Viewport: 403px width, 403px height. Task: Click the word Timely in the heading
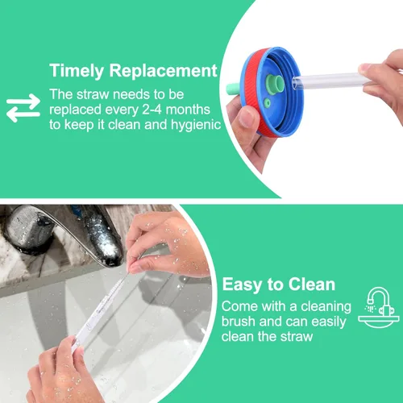point(77,71)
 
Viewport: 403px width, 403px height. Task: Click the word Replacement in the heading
point(163,70)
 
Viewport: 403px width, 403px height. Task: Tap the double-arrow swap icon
point(23,108)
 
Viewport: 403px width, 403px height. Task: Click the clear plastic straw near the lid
point(329,81)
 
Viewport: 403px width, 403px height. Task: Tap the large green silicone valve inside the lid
point(275,84)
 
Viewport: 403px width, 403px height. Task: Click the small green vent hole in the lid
point(267,102)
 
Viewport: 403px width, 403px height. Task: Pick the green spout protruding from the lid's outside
point(233,89)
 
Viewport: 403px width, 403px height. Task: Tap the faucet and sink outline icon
point(379,307)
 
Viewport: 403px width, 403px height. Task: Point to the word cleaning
point(326,307)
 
